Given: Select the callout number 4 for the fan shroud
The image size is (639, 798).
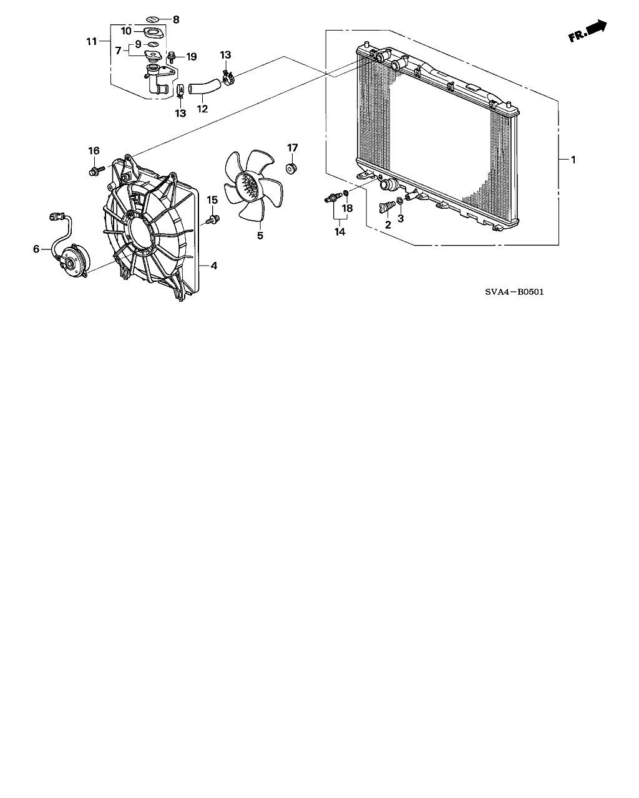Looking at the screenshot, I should (213, 266).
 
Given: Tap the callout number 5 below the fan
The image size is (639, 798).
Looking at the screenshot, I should (260, 236).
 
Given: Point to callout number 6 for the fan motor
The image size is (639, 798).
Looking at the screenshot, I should (36, 249).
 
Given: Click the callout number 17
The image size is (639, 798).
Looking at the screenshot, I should (293, 148).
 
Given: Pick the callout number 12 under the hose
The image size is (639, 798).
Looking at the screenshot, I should (202, 108).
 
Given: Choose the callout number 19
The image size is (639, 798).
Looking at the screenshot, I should (191, 57).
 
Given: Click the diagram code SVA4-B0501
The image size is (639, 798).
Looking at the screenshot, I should (509, 291).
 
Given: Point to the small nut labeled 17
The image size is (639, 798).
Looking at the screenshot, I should (291, 168).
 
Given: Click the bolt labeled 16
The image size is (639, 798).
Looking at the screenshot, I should (95, 170).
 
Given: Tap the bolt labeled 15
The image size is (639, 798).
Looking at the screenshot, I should (215, 219).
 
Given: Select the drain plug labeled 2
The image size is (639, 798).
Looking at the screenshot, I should (384, 207).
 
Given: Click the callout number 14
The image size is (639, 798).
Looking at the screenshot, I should (339, 231).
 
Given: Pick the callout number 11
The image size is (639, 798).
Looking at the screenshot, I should (92, 42).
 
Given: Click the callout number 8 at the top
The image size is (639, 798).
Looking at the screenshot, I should (176, 20).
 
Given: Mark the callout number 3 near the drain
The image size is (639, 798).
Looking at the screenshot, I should (401, 219).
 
